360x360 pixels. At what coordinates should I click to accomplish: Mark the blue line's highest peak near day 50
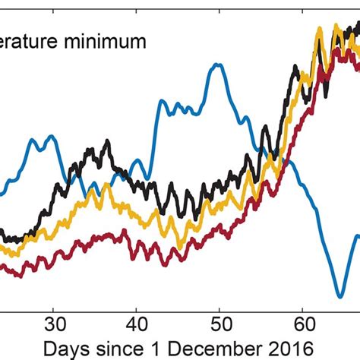[x=218, y=65]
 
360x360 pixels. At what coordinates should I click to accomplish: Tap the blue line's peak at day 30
[x=51, y=137]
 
